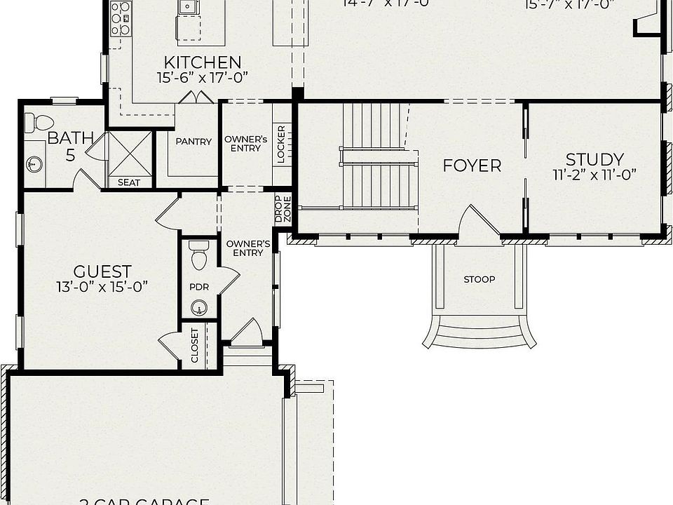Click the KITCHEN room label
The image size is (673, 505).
click(x=203, y=62)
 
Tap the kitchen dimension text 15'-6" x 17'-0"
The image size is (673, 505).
click(x=203, y=77)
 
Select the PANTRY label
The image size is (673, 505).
click(x=193, y=142)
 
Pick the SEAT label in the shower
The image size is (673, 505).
click(x=129, y=182)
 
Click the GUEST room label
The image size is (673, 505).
click(x=102, y=271)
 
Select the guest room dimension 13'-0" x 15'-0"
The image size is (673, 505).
click(x=102, y=286)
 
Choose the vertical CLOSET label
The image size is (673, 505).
click(x=195, y=345)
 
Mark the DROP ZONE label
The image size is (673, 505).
click(x=283, y=208)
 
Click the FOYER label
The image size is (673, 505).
click(x=472, y=166)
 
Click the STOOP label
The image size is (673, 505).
click(x=480, y=279)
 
